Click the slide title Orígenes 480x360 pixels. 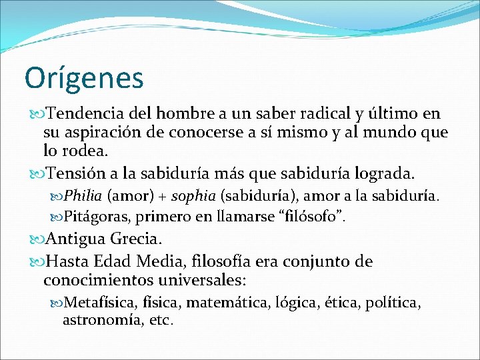point(84,77)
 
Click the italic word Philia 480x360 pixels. point(83,197)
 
